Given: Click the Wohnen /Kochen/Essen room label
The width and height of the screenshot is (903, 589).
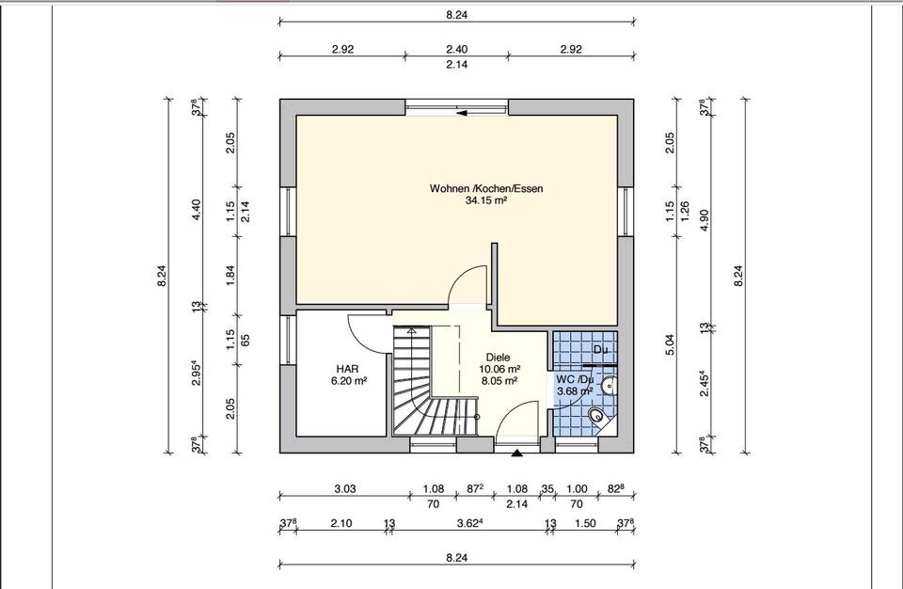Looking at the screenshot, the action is [486, 188].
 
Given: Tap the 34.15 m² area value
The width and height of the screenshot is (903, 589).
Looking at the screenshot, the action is [486, 200].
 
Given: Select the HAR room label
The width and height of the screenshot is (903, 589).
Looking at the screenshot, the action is [348, 368].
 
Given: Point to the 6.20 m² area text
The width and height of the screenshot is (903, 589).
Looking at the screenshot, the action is [349, 380].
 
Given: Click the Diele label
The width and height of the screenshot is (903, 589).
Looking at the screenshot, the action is [498, 358].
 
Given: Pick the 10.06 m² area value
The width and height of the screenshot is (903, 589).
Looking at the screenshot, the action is [499, 369].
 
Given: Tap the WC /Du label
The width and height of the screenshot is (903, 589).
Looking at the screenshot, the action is [575, 379].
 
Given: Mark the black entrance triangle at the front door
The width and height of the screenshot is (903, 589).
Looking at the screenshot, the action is [517, 454].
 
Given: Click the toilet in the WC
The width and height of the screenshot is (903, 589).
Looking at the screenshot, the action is [598, 416].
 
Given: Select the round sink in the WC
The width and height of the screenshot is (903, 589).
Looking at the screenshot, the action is [609, 385].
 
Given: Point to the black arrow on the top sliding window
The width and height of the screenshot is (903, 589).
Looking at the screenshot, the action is [462, 114].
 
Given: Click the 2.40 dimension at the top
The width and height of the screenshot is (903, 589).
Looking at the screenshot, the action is [457, 49].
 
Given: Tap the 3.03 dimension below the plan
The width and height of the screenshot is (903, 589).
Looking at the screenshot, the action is [345, 488].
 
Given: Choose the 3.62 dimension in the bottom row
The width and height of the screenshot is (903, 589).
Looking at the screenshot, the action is [470, 523].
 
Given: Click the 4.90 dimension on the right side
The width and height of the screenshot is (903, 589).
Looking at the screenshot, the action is [704, 219].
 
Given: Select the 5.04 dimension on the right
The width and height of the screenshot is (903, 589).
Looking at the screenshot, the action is [670, 344].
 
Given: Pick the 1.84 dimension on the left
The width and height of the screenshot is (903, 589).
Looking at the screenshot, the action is [230, 276].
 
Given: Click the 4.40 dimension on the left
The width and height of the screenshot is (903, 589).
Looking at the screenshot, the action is [196, 210].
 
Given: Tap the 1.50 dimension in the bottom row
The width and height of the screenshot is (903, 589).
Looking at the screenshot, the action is [585, 523].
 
